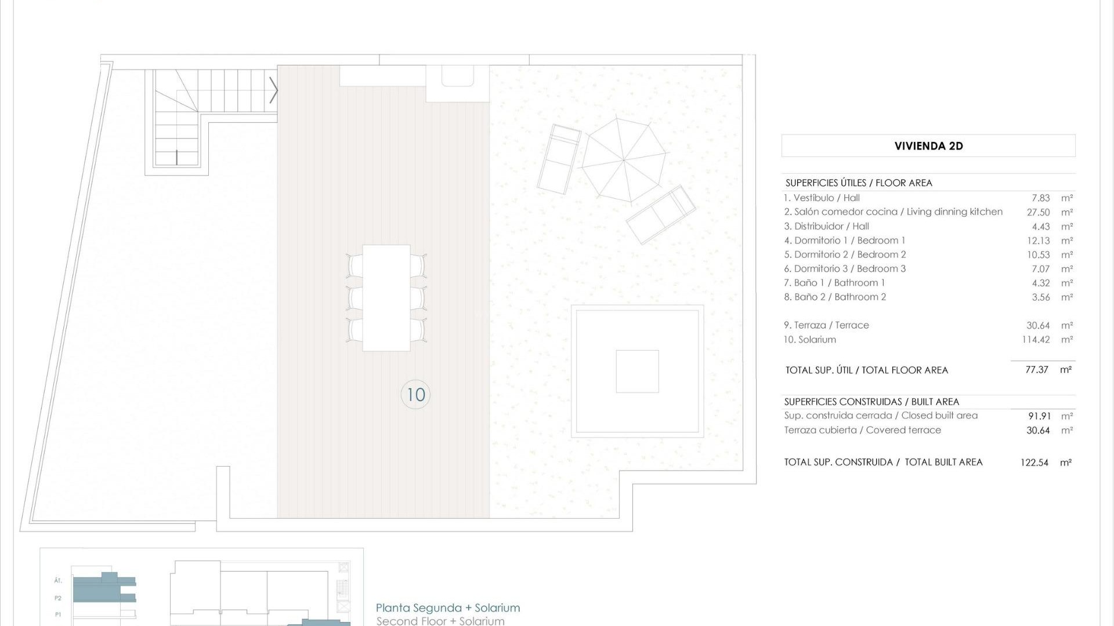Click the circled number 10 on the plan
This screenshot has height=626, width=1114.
(x=415, y=395)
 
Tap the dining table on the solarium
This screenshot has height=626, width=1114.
(x=386, y=298)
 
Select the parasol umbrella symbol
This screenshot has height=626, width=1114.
(x=624, y=159)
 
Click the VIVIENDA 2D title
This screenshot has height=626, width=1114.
(x=928, y=146)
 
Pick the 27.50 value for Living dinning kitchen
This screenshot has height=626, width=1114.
(x=1038, y=212)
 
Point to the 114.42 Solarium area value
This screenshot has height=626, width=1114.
(x=1036, y=340)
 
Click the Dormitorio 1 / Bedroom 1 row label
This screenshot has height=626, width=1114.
(x=844, y=241)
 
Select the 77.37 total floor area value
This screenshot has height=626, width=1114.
(x=1037, y=370)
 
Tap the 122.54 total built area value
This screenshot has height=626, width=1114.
(x=1035, y=463)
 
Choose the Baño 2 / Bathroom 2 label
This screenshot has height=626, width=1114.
(x=835, y=297)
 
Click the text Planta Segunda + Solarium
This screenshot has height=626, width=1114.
(x=448, y=608)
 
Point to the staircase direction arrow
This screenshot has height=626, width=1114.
(x=274, y=90)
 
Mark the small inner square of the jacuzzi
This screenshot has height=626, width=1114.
(x=637, y=372)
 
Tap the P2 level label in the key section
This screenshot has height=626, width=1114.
(x=58, y=598)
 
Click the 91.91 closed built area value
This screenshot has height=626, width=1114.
(x=1039, y=416)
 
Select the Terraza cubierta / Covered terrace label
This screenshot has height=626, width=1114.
(x=862, y=430)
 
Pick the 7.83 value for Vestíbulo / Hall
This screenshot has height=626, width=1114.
(x=1041, y=198)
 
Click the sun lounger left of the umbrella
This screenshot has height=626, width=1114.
(x=559, y=159)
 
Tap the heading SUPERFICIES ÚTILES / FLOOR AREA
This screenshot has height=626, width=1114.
(x=859, y=183)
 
